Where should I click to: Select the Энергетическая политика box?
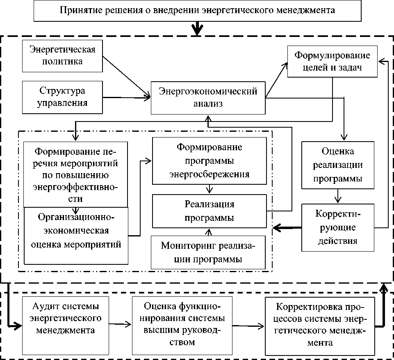62,56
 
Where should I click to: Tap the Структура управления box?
62,97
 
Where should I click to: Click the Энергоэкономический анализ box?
208,98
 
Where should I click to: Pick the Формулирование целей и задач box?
332,62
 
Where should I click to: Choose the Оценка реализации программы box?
338,165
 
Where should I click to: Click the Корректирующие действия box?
338,227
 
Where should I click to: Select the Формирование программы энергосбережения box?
209,161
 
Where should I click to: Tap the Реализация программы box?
209,211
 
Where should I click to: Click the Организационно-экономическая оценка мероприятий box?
76,236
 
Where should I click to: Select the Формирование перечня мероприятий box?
76,174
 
